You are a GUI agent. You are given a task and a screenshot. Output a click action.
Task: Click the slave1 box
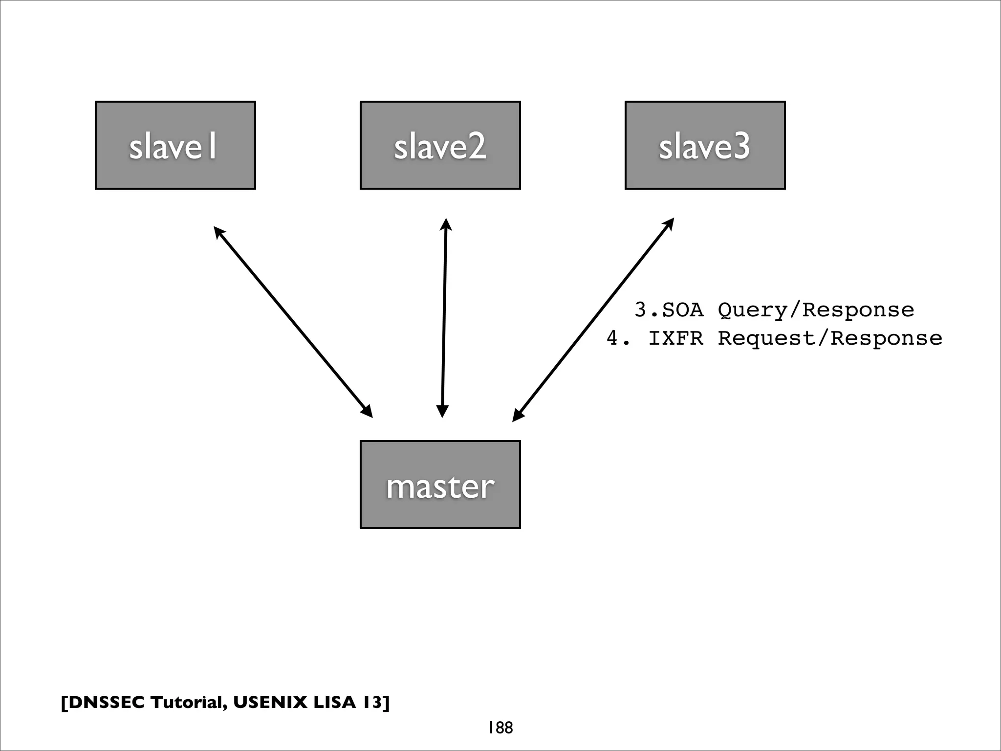click(175, 145)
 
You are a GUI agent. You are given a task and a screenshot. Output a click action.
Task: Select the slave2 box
click(440, 145)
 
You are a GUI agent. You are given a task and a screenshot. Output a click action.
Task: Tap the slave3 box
click(705, 145)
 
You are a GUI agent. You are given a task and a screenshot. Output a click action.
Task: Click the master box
click(440, 485)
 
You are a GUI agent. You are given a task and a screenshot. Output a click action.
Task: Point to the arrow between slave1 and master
click(293, 322)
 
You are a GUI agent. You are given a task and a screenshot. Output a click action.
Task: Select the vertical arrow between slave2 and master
click(444, 318)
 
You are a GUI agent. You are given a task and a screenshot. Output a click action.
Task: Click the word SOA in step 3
click(683, 310)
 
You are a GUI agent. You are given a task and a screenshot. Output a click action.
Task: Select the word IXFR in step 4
click(676, 338)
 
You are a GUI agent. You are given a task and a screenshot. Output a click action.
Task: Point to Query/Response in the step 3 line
click(816, 310)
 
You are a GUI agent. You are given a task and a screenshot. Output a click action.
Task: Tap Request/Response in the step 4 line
click(829, 338)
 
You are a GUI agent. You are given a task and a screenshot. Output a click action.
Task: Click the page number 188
click(500, 728)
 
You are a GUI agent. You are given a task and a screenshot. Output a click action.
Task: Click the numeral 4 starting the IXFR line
click(613, 338)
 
